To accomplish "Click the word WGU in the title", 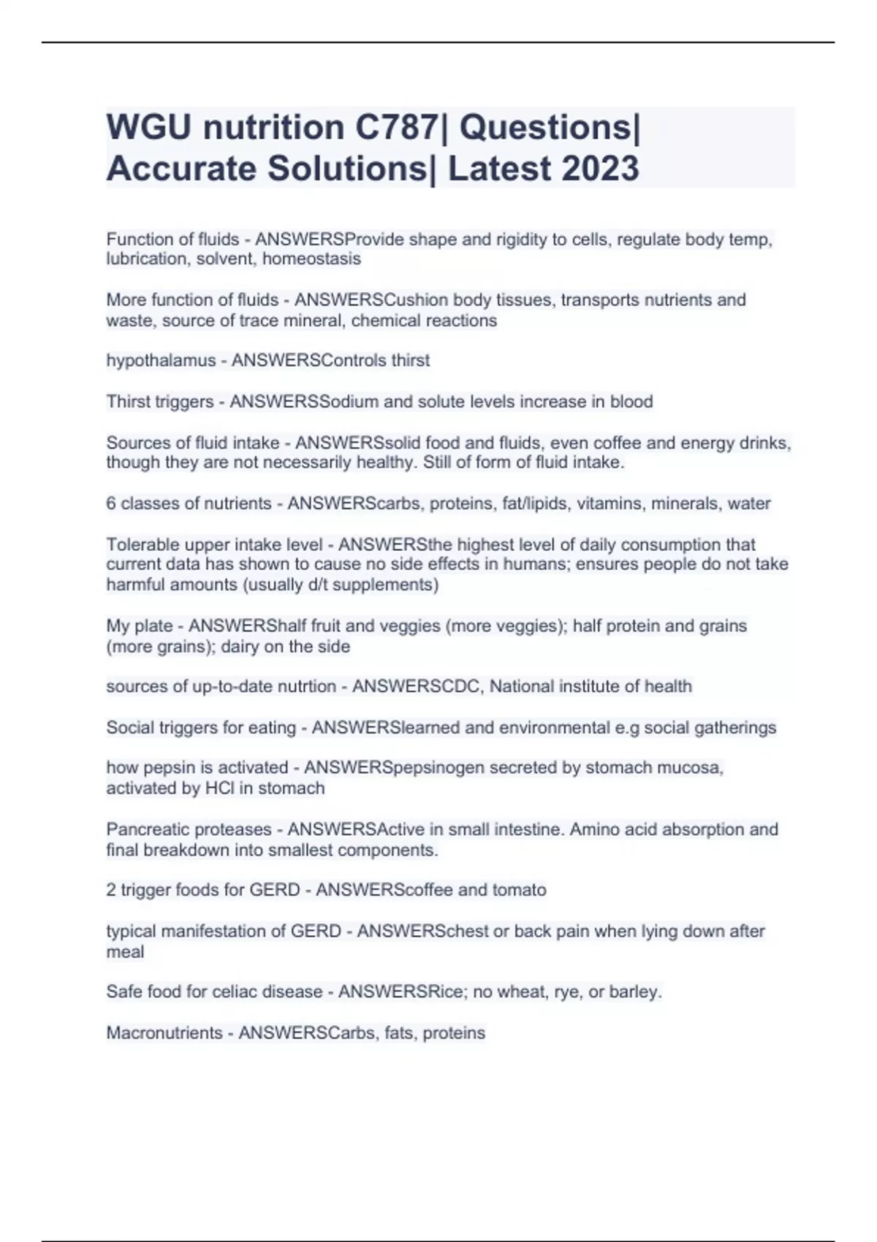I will point(150,128).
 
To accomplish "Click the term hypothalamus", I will point(161,361).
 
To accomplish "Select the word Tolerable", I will point(141,545).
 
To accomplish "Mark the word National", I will point(523,687).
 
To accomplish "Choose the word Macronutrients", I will point(164,1033).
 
